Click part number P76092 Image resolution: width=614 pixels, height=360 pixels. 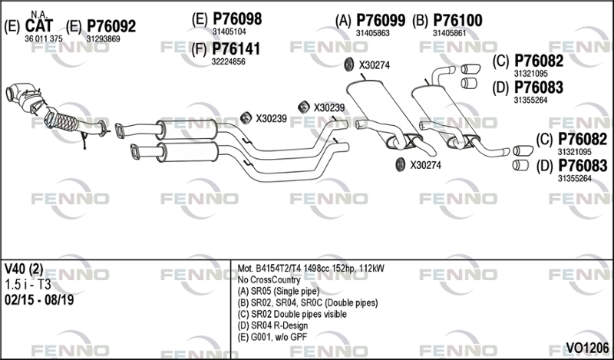[x=111, y=26]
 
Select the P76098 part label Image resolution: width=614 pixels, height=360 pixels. [x=237, y=18]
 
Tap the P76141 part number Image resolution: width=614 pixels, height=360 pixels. [x=236, y=49]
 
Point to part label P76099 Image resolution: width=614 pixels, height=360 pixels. [x=381, y=21]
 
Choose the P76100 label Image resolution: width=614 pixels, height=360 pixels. [x=457, y=21]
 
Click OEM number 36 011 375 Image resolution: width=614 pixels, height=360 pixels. [x=44, y=39]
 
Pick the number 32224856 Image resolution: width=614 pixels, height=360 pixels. [x=229, y=62]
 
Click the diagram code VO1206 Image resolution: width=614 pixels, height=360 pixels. [x=587, y=348]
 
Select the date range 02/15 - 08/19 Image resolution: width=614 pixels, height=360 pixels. [x=39, y=300]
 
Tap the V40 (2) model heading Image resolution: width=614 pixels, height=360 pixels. [x=24, y=269]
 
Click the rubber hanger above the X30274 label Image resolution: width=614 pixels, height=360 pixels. [x=348, y=64]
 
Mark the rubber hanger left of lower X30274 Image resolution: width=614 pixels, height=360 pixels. [x=400, y=165]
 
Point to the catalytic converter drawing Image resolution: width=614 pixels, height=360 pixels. [x=25, y=98]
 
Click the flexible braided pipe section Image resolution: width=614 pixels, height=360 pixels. [x=62, y=120]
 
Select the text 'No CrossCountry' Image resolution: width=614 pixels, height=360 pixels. [x=269, y=279]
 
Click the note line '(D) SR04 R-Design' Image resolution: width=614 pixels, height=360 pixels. [x=272, y=325]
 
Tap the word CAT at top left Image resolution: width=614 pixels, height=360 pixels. [x=39, y=26]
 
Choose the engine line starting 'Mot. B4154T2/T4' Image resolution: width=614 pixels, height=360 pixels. [x=311, y=269]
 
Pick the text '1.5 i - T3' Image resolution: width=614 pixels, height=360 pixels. [x=28, y=285]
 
